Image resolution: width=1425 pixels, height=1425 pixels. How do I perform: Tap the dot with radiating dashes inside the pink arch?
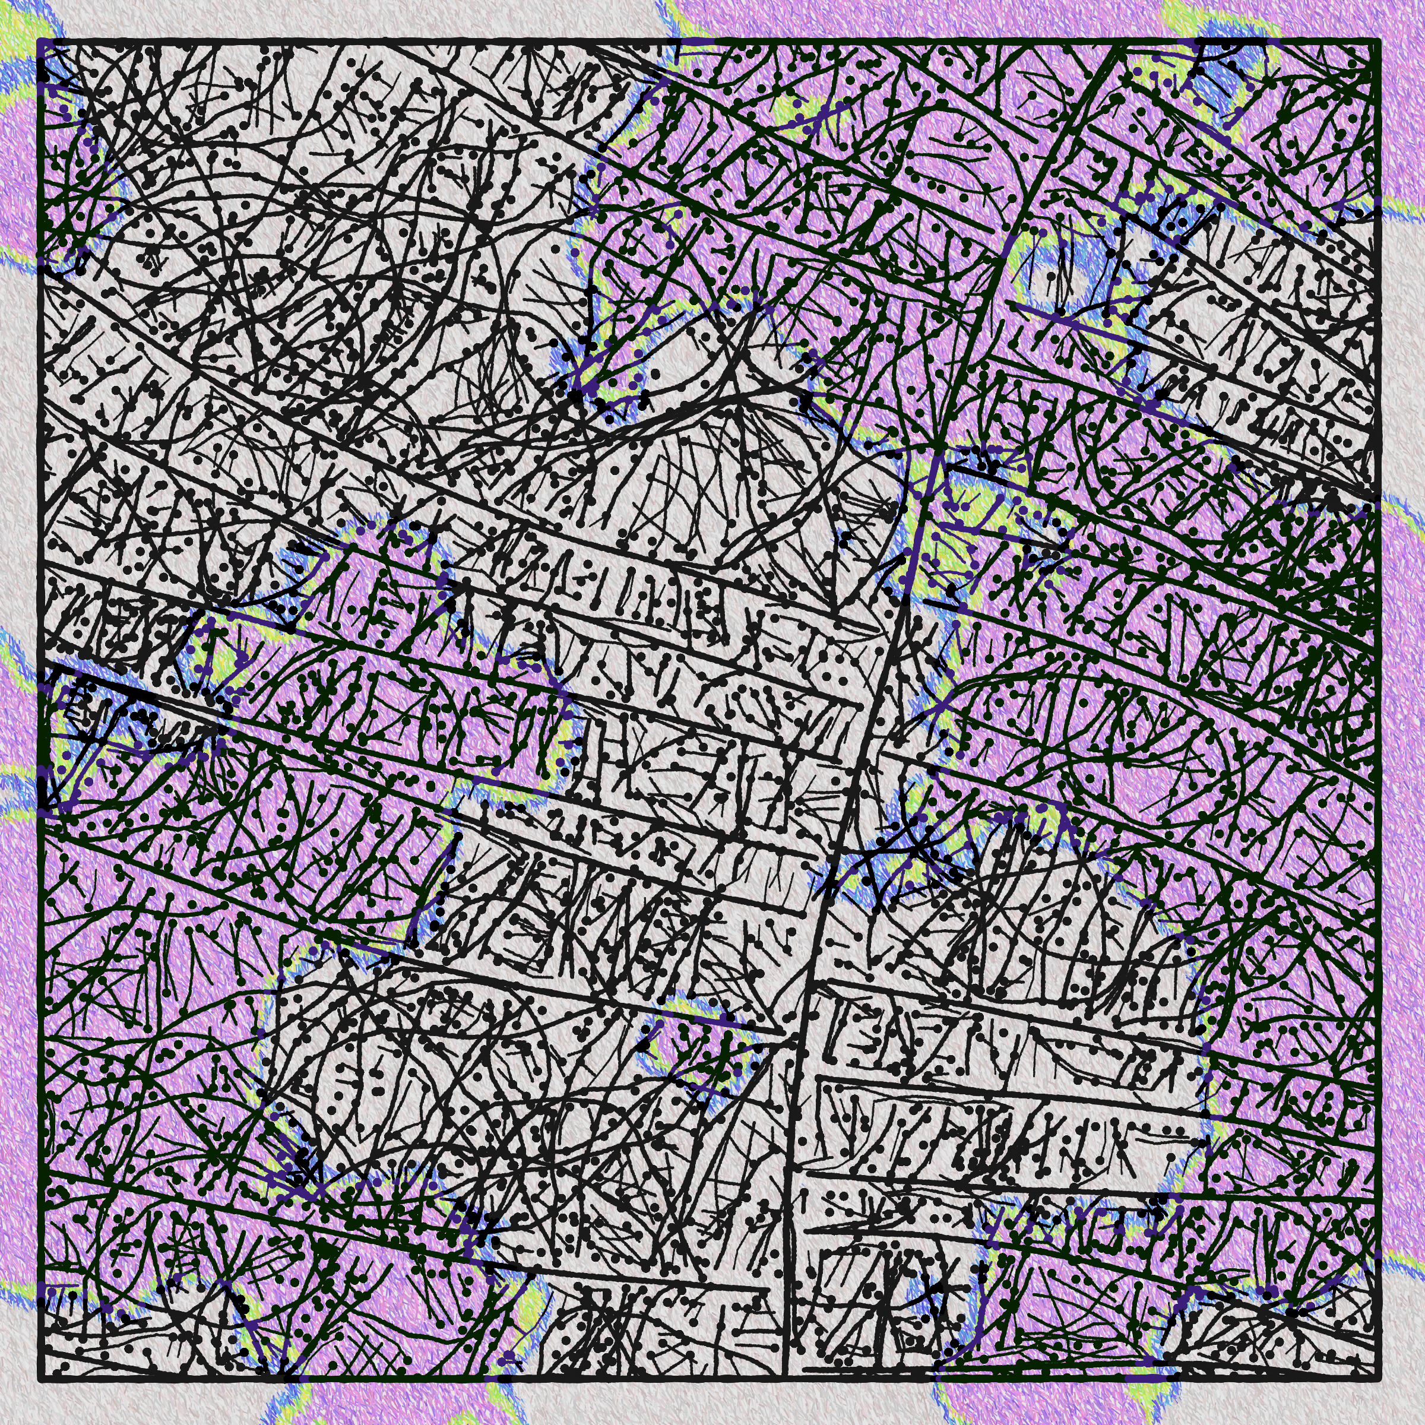tap(959, 137)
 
